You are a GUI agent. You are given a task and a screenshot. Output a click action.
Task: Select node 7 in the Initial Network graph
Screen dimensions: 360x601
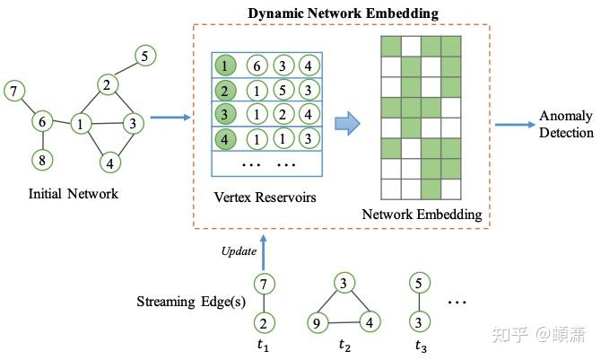pyautogui.click(x=13, y=90)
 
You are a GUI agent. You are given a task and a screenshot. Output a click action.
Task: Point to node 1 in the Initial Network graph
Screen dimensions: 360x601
pyautogui.click(x=82, y=124)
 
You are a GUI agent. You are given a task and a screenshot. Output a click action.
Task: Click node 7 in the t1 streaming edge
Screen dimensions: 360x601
pyautogui.click(x=263, y=285)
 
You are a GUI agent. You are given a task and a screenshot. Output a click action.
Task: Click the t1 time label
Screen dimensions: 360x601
pyautogui.click(x=263, y=345)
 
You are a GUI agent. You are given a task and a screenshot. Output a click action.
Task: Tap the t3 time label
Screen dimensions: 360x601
pyautogui.click(x=421, y=345)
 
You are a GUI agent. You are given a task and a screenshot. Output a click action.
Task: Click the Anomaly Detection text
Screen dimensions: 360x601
pyautogui.click(x=565, y=125)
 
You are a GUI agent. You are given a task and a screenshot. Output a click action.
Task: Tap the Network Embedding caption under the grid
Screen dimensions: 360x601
pyautogui.click(x=422, y=215)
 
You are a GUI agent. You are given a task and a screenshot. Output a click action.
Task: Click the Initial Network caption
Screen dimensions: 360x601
pyautogui.click(x=74, y=193)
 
